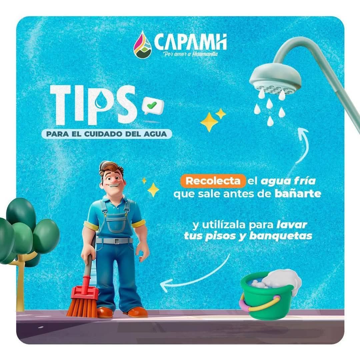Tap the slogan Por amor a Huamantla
[190, 54]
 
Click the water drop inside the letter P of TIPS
[100, 102]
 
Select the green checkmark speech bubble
[153, 106]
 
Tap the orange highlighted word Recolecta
[213, 181]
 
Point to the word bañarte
[298, 194]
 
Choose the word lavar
[292, 224]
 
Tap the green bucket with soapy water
[269, 295]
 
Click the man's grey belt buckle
[117, 241]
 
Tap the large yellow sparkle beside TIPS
[209, 122]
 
